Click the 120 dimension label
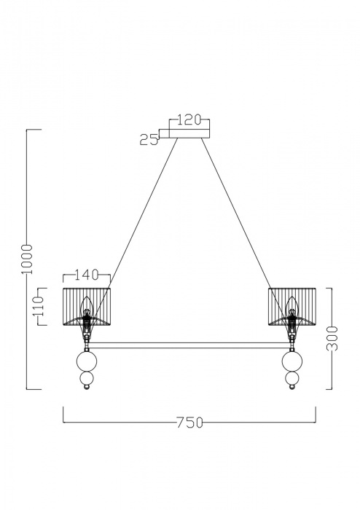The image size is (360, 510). (x=189, y=120)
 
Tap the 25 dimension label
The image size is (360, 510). (x=149, y=140)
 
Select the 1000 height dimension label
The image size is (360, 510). (x=28, y=259)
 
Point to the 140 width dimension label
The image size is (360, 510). (x=87, y=275)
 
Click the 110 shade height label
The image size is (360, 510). (x=39, y=307)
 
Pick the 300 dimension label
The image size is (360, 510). (x=332, y=339)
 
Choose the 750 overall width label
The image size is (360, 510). (x=190, y=423)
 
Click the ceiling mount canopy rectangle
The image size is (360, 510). (x=189, y=134)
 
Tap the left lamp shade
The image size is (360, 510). (x=87, y=307)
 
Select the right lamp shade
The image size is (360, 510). (x=292, y=307)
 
